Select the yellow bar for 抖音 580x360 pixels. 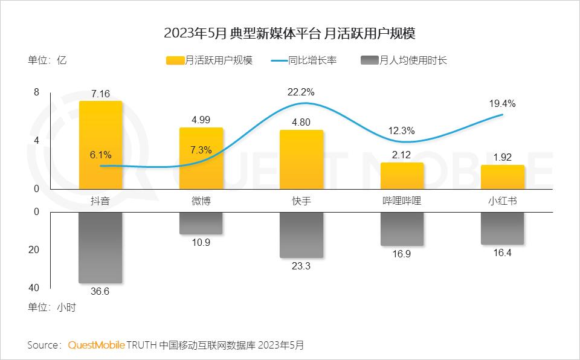100,145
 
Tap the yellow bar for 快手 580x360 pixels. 301,159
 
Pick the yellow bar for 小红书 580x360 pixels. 502,177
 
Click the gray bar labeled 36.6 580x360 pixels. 100,247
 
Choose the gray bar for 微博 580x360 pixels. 201,223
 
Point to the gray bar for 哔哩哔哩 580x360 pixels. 402,229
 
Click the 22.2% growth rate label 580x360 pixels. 301,92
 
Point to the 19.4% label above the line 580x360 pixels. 502,103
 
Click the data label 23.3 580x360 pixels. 301,265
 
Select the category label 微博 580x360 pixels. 201,201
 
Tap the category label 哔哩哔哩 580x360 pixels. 402,201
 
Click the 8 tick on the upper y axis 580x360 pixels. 36,92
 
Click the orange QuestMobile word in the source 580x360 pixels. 96,345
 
